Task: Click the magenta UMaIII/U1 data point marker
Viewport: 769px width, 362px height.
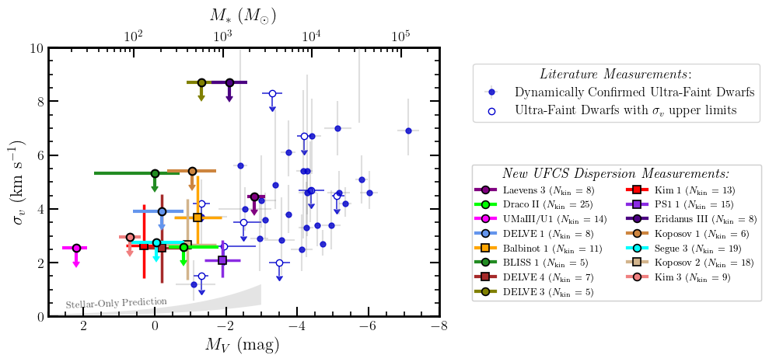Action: point(76,248)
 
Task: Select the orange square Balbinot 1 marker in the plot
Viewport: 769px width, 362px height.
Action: point(197,218)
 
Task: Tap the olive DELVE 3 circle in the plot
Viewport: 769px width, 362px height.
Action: point(201,82)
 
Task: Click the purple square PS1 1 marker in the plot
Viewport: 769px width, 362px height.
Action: point(222,260)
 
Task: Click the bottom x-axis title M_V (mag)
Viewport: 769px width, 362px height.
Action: point(244,345)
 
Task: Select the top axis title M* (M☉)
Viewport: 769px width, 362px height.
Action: point(243,15)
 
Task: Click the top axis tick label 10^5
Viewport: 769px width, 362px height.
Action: point(401,36)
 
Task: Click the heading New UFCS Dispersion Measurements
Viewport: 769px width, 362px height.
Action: point(615,173)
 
